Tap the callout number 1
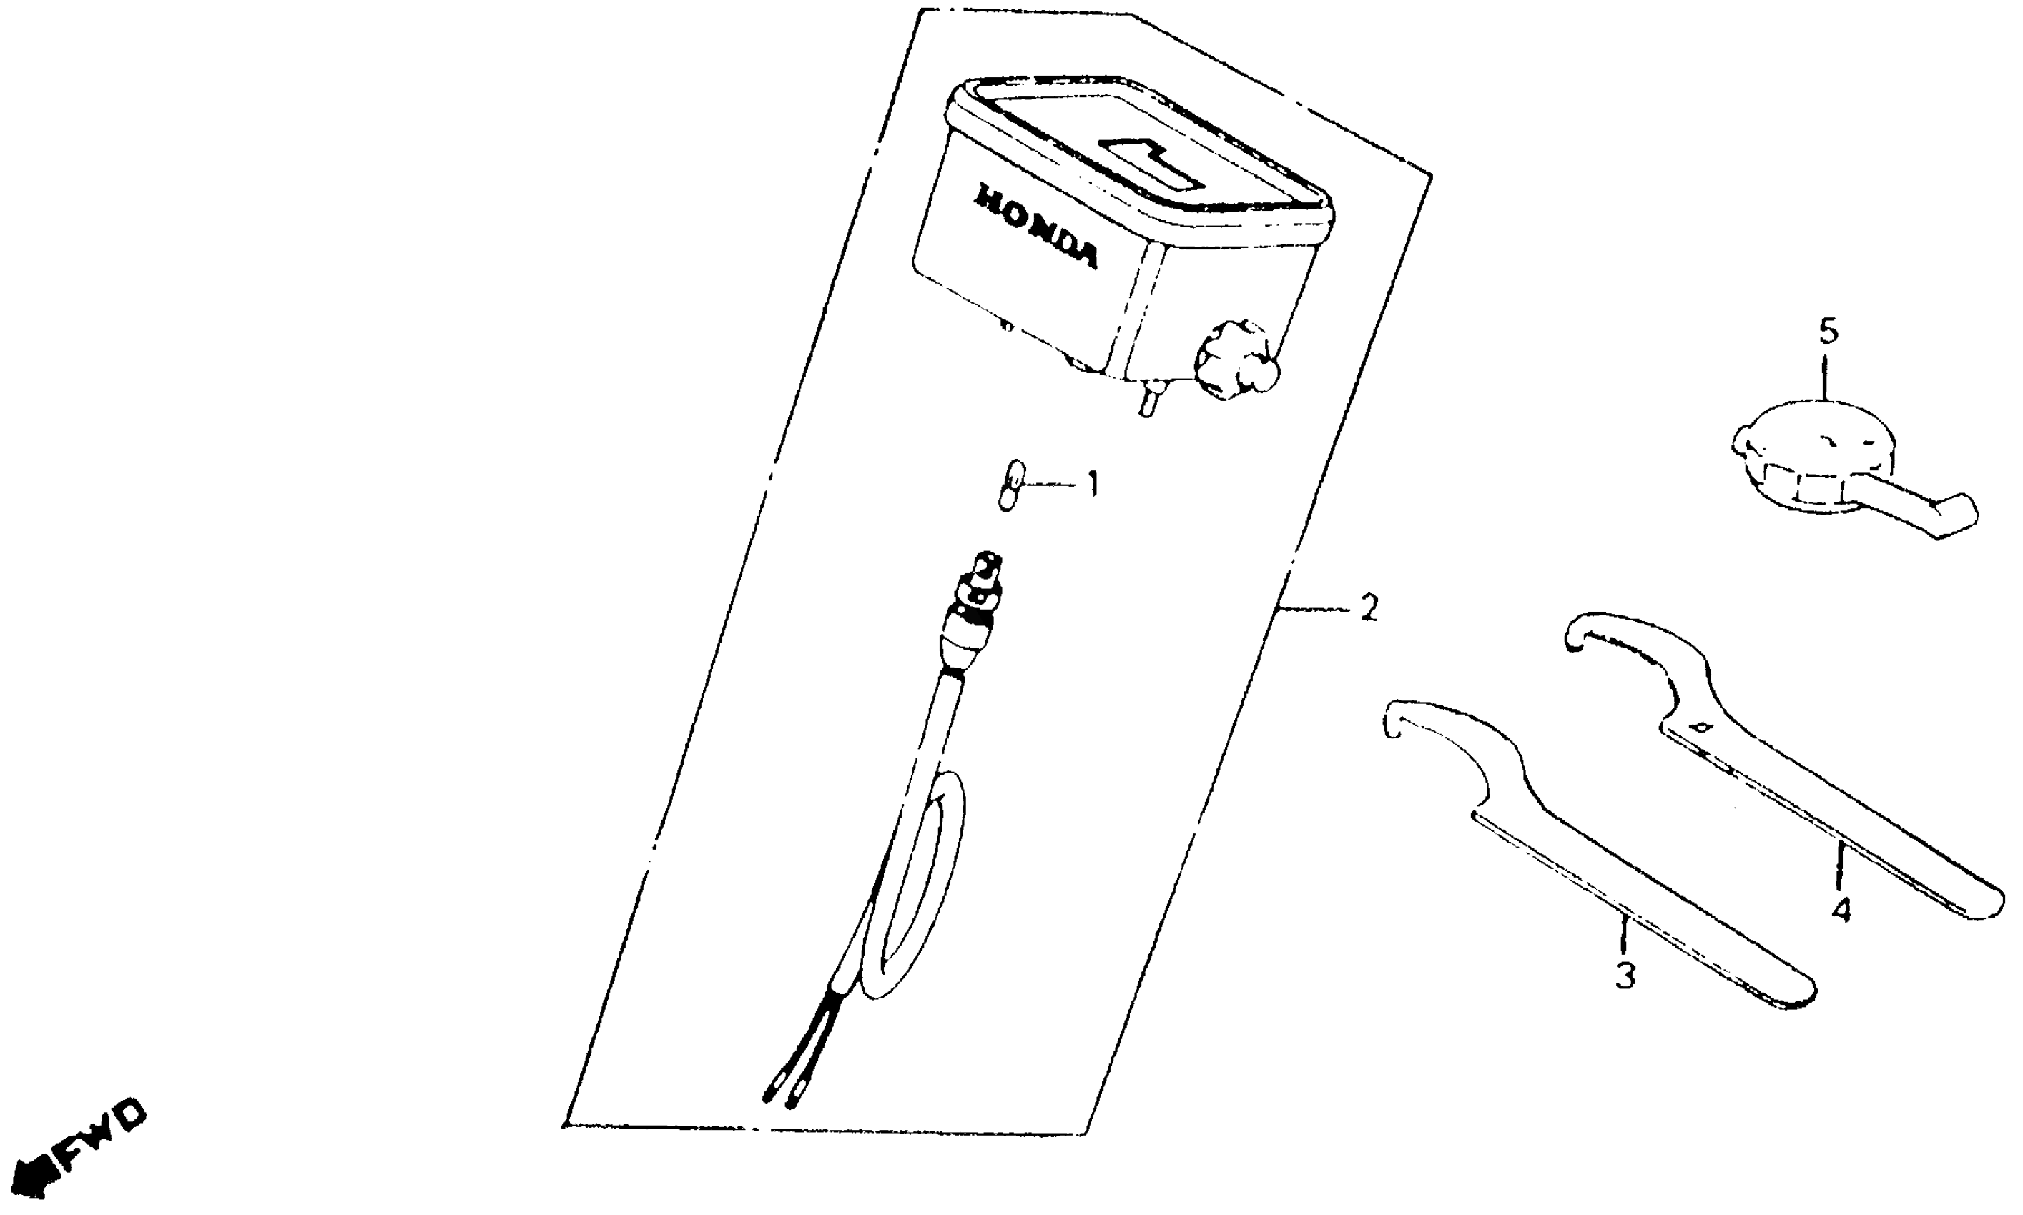[1091, 484]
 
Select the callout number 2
[1369, 608]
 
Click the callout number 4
[1841, 910]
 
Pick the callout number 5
[1828, 333]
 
